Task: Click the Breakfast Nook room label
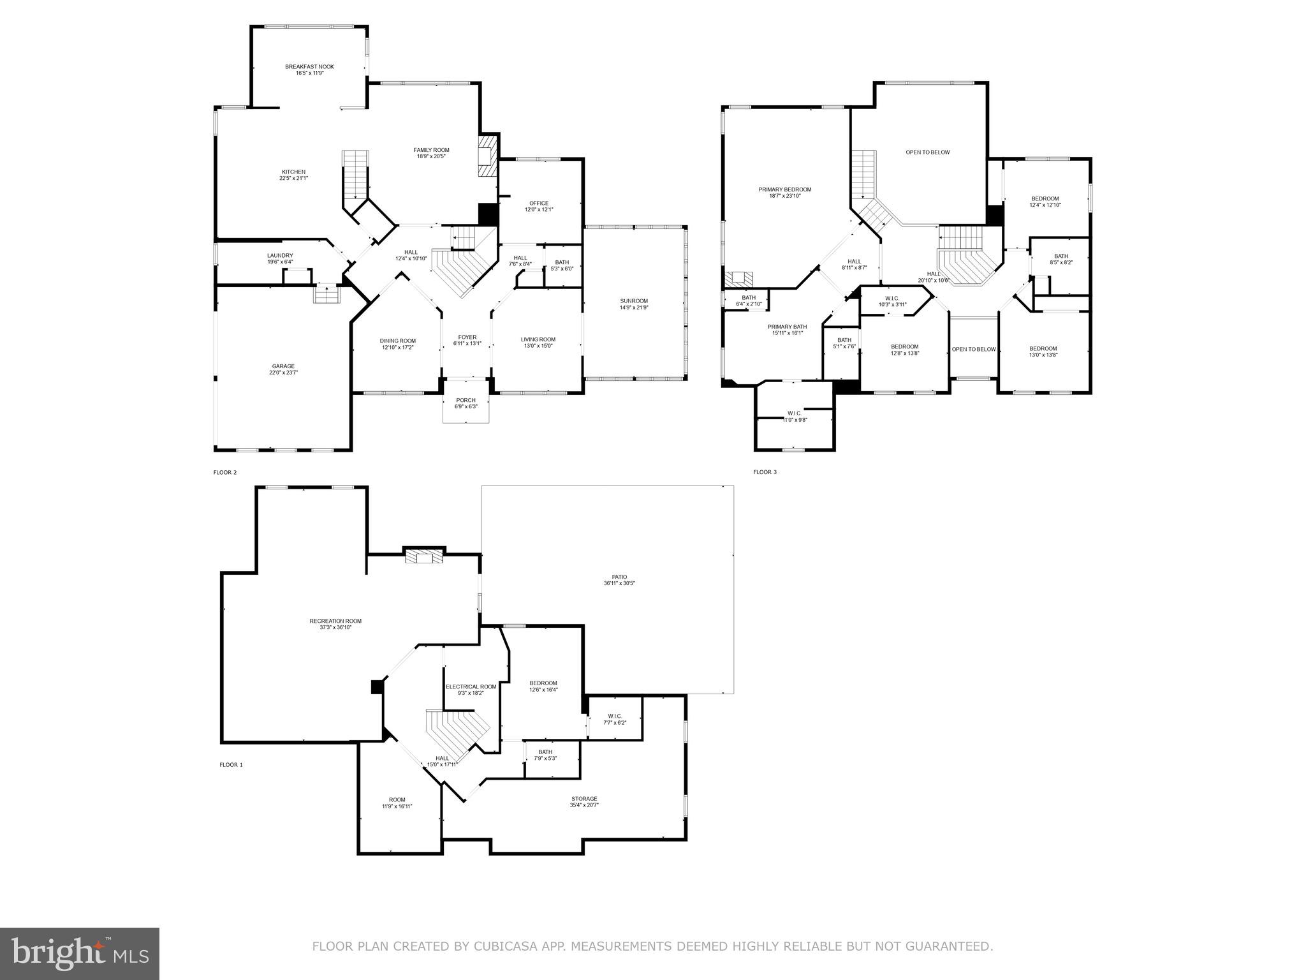pyautogui.click(x=309, y=67)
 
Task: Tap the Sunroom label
pyautogui.click(x=634, y=301)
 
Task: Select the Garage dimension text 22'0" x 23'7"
pyautogui.click(x=283, y=373)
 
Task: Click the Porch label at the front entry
pyautogui.click(x=466, y=400)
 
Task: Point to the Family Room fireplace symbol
pyautogui.click(x=487, y=155)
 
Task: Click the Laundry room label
pyautogui.click(x=280, y=255)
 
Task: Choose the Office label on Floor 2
pyautogui.click(x=539, y=204)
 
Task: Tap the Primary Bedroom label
pyautogui.click(x=785, y=189)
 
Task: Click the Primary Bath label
pyautogui.click(x=787, y=327)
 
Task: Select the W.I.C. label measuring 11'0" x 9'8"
pyautogui.click(x=794, y=413)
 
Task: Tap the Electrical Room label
pyautogui.click(x=471, y=687)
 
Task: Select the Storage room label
pyautogui.click(x=584, y=799)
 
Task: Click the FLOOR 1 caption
pyautogui.click(x=231, y=764)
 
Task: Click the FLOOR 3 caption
pyautogui.click(x=765, y=472)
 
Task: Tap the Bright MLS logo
pyautogui.click(x=80, y=953)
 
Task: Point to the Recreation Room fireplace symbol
pyautogui.click(x=424, y=557)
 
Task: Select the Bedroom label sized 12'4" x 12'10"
pyautogui.click(x=1045, y=198)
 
